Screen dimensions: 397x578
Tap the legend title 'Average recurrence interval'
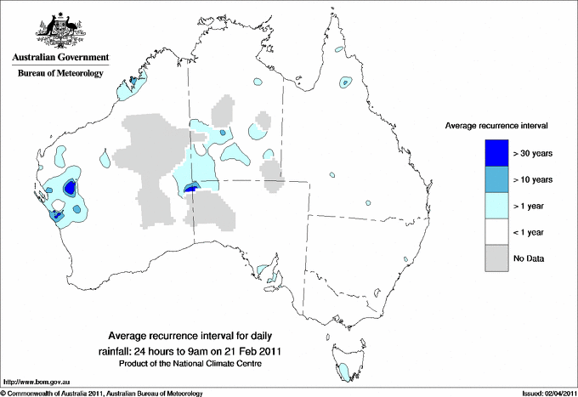[x=496, y=125]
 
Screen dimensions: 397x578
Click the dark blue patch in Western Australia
[x=70, y=187]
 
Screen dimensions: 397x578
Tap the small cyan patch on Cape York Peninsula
[x=344, y=82]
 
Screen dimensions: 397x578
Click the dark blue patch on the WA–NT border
[x=191, y=186]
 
